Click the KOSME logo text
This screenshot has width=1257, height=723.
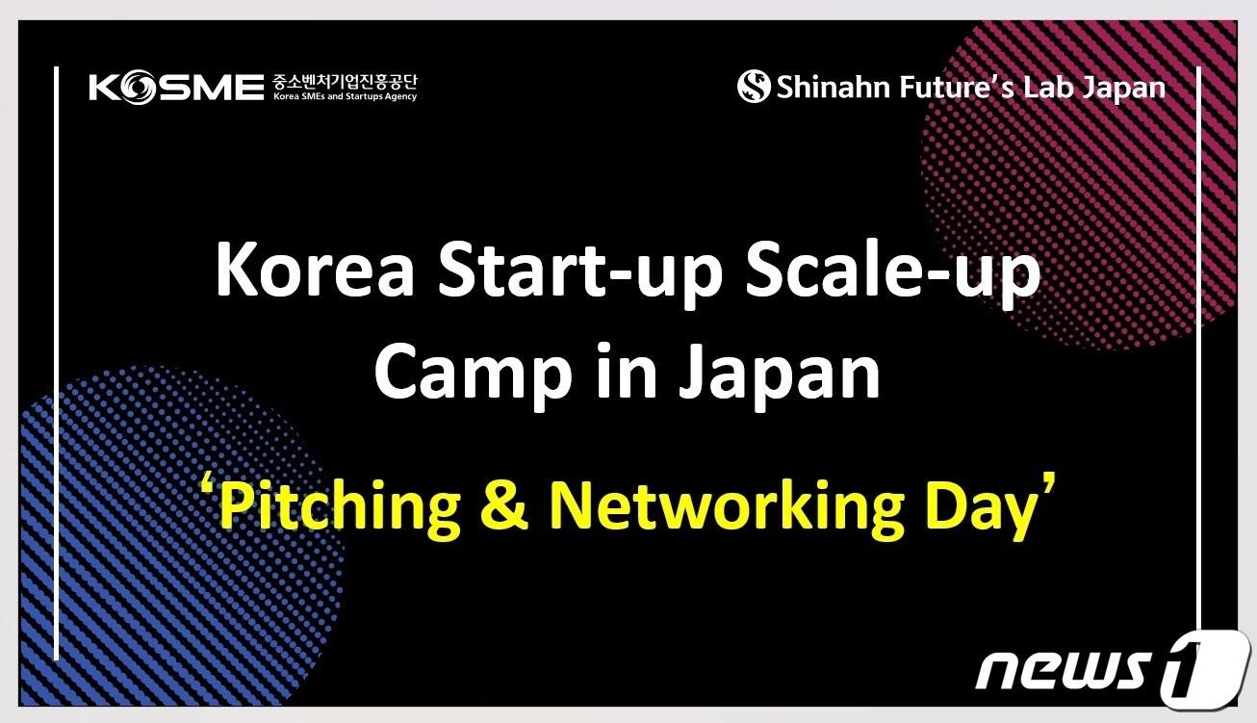pyautogui.click(x=176, y=87)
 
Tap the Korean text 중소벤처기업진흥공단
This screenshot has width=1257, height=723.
pyautogui.click(x=345, y=82)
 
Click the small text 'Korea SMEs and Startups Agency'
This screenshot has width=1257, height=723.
pyautogui.click(x=345, y=96)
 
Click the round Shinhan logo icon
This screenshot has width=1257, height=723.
pyautogui.click(x=754, y=87)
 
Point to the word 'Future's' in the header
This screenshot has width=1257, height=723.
pyautogui.click(x=956, y=88)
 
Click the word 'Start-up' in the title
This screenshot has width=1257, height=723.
pyautogui.click(x=579, y=275)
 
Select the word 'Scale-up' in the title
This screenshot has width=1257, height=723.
pyautogui.click(x=893, y=275)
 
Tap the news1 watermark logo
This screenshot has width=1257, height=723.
pyautogui.click(x=1113, y=670)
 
